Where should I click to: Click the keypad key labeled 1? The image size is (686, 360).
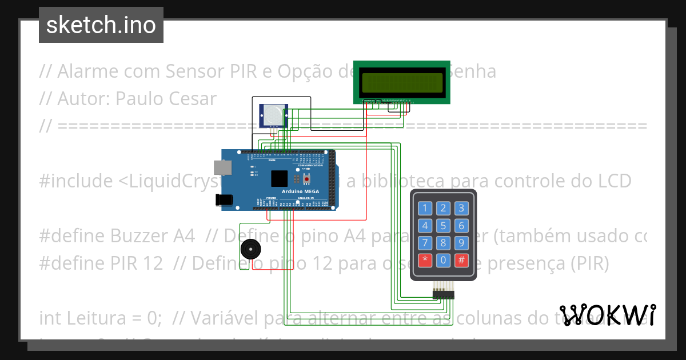[425, 208]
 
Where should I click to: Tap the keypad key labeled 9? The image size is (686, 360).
[461, 243]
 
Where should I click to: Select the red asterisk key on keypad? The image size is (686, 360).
[425, 261]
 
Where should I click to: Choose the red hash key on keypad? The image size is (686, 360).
[461, 261]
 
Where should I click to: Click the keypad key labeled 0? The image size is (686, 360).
[443, 261]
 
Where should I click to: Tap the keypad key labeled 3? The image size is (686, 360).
[461, 208]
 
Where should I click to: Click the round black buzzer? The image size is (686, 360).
[250, 250]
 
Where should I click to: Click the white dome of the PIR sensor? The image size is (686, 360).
[274, 115]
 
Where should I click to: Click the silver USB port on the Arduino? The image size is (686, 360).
[222, 167]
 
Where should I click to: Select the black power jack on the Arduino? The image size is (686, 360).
[224, 199]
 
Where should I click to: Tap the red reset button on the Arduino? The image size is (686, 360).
[298, 178]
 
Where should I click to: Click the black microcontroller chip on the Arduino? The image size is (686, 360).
[280, 178]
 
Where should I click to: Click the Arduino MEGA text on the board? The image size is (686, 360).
[300, 191]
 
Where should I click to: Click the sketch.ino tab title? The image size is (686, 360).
[101, 25]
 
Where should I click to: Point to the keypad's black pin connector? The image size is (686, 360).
[443, 294]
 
